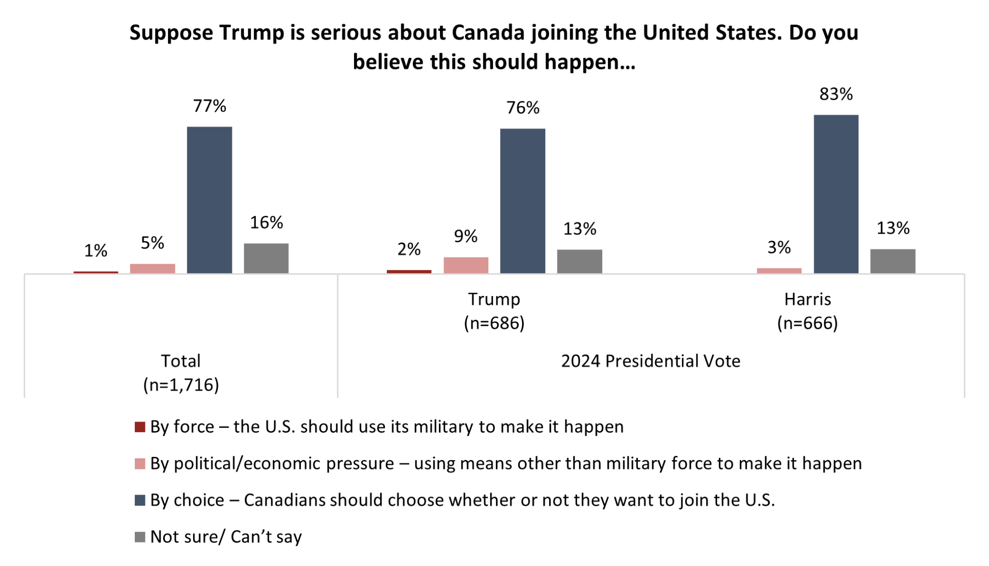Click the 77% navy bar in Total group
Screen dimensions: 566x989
[x=209, y=200]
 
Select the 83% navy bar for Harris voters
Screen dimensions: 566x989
[x=836, y=194]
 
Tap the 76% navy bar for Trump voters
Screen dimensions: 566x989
[x=523, y=201]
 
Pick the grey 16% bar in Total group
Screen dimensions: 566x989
[x=266, y=258]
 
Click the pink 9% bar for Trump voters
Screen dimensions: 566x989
[x=466, y=265]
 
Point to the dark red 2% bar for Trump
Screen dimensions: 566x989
[x=409, y=271]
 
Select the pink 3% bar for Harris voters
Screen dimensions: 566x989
[x=779, y=270]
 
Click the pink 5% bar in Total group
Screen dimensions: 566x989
[x=153, y=269]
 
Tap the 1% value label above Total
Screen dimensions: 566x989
[x=96, y=251]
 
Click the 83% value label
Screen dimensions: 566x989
[x=836, y=94]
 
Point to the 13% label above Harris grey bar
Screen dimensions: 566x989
[x=893, y=228]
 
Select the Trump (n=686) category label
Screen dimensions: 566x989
[x=494, y=311]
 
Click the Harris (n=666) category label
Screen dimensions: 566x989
[x=807, y=311]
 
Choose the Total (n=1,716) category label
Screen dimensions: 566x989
[x=181, y=373]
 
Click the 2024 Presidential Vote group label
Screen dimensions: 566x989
[x=650, y=361]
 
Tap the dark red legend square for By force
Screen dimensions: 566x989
[x=140, y=427]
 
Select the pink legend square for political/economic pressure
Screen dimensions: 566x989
[x=140, y=464]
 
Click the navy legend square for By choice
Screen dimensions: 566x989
[x=140, y=500]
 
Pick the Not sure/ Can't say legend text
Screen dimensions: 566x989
[x=226, y=537]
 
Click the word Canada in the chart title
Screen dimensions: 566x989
[x=488, y=33]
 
